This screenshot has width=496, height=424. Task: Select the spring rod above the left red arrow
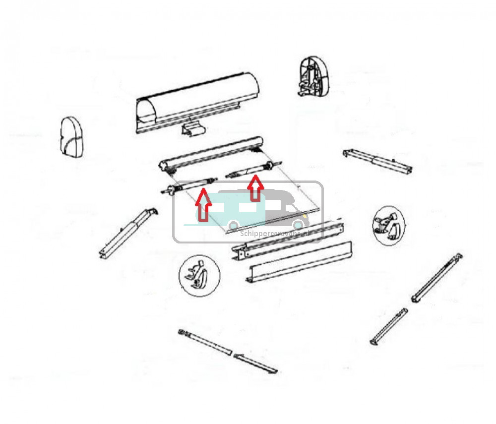(x=191, y=184)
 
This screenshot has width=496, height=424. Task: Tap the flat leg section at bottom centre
(x=256, y=364)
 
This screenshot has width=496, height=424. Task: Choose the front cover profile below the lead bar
(x=300, y=261)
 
